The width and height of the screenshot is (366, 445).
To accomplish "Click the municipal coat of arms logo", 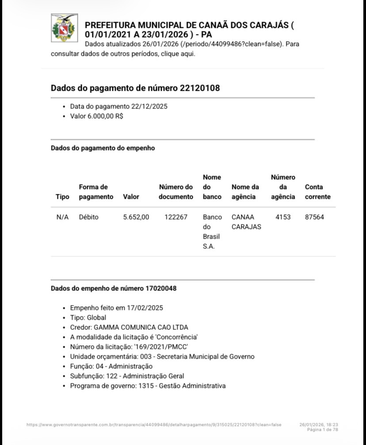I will [65, 27].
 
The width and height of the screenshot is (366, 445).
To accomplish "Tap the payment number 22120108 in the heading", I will [200, 88].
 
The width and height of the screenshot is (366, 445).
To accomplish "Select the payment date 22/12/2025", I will [149, 107].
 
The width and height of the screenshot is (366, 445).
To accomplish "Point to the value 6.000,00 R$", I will [106, 116].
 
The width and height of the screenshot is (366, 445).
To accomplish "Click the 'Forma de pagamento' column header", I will [96, 192].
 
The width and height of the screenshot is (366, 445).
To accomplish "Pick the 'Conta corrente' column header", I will [317, 192].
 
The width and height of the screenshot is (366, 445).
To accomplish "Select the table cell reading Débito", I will [89, 217].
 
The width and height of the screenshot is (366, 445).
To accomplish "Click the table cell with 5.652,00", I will [136, 217].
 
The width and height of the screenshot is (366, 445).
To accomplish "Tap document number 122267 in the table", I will [176, 217].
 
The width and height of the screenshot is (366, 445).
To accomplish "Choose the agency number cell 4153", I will [283, 217].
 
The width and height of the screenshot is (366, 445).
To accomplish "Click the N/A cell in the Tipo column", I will [62, 217].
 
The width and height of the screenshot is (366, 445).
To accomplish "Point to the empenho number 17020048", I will [161, 288].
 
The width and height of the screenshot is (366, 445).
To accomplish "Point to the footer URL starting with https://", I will [154, 425].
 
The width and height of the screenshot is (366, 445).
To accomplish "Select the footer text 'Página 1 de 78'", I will [322, 430].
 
